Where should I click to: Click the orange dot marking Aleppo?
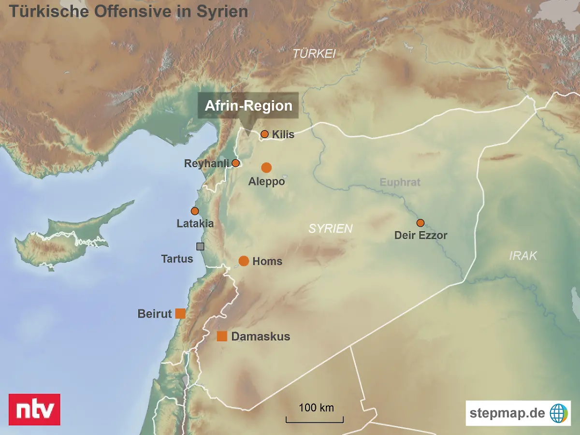tap(266, 168)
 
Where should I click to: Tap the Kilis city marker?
tap(264, 134)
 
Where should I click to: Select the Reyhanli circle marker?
tap(235, 163)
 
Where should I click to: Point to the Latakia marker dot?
tap(195, 211)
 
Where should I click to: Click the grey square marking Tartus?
tap(200, 246)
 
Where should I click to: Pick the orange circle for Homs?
tap(244, 261)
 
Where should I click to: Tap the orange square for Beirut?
tap(180, 313)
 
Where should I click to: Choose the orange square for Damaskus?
tap(222, 336)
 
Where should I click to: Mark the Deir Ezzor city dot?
tap(420, 223)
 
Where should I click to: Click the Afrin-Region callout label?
tap(248, 106)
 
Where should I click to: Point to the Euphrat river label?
tap(400, 182)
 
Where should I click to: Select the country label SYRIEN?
tap(331, 229)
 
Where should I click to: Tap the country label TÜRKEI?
tap(314, 54)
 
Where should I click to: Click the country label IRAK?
tap(523, 256)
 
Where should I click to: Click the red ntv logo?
tap(35, 409)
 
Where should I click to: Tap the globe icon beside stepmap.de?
tap(558, 413)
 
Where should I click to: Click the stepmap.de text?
tap(507, 413)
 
